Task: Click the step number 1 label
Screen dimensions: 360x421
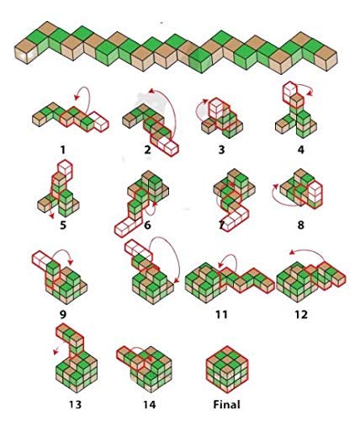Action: tap(63, 150)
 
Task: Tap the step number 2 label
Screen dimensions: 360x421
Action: tap(147, 150)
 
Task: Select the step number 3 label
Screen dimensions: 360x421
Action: tap(221, 150)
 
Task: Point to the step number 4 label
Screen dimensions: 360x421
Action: tap(300, 150)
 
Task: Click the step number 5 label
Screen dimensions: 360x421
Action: tap(63, 225)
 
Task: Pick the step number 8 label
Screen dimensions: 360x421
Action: tap(300, 225)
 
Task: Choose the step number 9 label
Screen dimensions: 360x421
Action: tap(63, 314)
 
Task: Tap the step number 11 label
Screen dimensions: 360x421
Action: tap(221, 314)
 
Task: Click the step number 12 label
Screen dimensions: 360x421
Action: tap(301, 314)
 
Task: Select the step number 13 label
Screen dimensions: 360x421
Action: tap(75, 404)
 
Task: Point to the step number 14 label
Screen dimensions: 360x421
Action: tap(150, 404)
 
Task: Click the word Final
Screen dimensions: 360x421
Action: tap(226, 404)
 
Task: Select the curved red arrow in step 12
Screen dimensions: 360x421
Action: tap(307, 252)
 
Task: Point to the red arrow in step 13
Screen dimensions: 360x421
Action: tap(56, 350)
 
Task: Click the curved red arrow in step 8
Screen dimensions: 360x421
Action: tap(280, 200)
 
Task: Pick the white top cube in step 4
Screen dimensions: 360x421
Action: tap(289, 91)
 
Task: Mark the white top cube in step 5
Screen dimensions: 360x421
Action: tap(65, 168)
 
